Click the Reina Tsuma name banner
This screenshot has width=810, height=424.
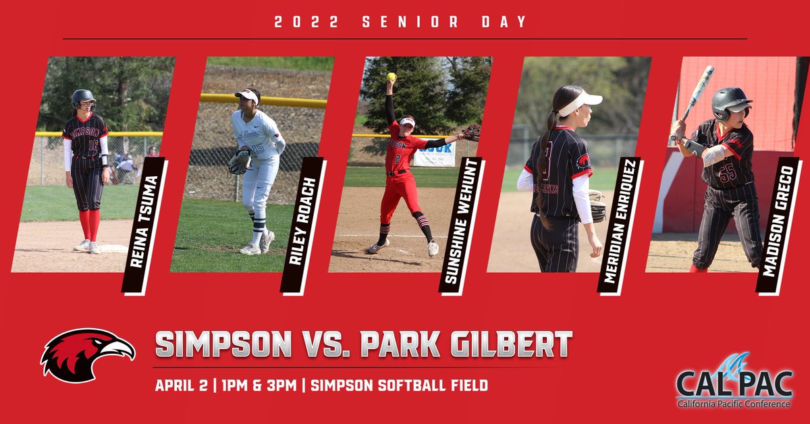[144, 226]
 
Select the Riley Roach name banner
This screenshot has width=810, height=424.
[304, 226]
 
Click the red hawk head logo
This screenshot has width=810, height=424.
[88, 354]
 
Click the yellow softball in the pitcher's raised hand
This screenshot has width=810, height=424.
[391, 77]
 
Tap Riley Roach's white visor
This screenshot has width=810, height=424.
[247, 96]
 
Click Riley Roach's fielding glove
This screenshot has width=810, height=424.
[239, 162]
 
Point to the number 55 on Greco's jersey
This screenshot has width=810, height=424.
[728, 173]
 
